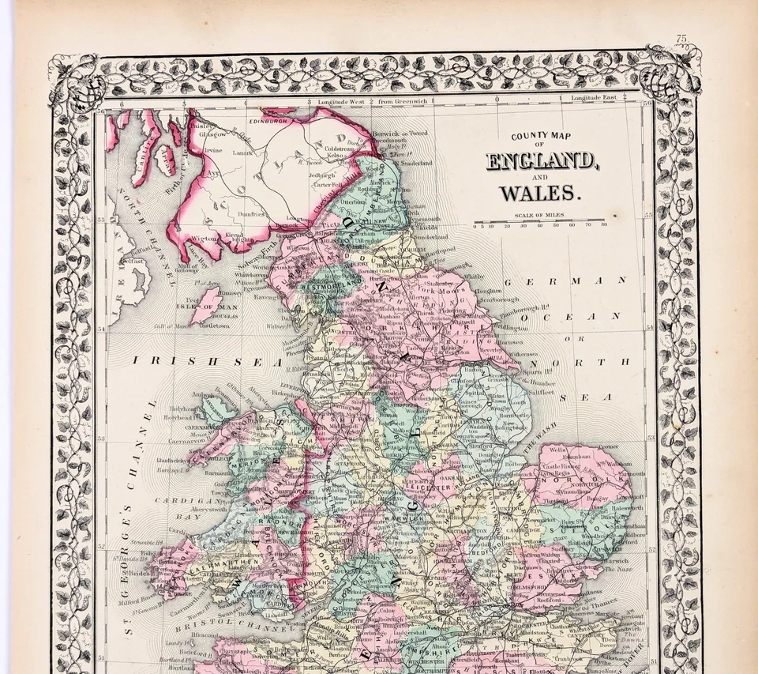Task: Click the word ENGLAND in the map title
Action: pos(541,162)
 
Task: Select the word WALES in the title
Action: pos(541,192)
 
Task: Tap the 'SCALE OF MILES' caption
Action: pos(539,214)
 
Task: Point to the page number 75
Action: pos(682,38)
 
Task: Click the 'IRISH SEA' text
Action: pos(207,361)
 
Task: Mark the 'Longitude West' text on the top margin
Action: pos(341,102)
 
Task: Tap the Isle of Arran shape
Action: pos(165,156)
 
